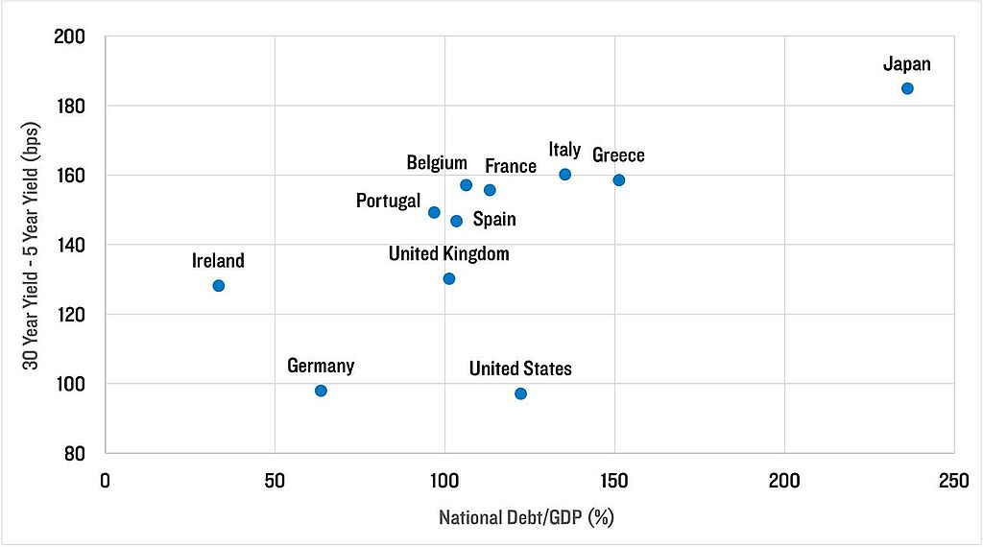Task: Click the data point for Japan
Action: pyautogui.click(x=907, y=88)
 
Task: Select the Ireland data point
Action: pyautogui.click(x=218, y=285)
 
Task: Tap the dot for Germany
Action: pyautogui.click(x=321, y=391)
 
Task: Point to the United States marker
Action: pyautogui.click(x=520, y=393)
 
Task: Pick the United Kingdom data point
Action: pyautogui.click(x=448, y=278)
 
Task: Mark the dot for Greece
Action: pyautogui.click(x=618, y=180)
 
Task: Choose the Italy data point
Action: pyautogui.click(x=564, y=174)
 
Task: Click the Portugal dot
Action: pyautogui.click(x=434, y=212)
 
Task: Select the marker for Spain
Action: pyautogui.click(x=456, y=221)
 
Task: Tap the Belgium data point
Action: pyautogui.click(x=466, y=185)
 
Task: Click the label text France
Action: pyautogui.click(x=510, y=166)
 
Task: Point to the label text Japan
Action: pyautogui.click(x=907, y=65)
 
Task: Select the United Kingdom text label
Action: pyautogui.click(x=448, y=254)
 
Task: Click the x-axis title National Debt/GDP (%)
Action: pyautogui.click(x=526, y=517)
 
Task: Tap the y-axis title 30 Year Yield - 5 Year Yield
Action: pyautogui.click(x=32, y=244)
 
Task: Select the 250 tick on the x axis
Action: pyautogui.click(x=953, y=479)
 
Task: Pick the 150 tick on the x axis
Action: pyautogui.click(x=614, y=479)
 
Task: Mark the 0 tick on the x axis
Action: pyautogui.click(x=106, y=479)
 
